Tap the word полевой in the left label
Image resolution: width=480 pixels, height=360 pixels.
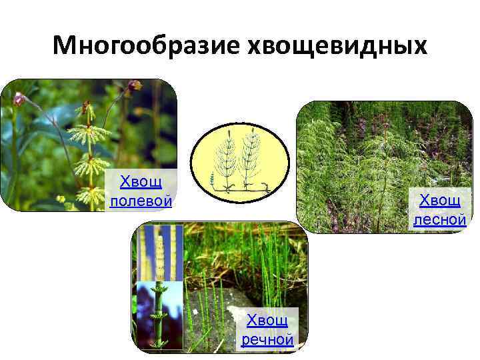coord(141,201)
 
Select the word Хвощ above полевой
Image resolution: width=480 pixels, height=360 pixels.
coord(140,182)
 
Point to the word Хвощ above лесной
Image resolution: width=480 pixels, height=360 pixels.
coord(439,200)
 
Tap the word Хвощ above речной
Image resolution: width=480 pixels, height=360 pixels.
coord(267,321)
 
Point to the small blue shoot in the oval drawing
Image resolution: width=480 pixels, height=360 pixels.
coord(212,179)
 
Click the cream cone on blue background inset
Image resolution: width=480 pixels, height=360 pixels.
coord(160,253)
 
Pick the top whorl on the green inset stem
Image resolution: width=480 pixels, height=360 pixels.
coord(158,291)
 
